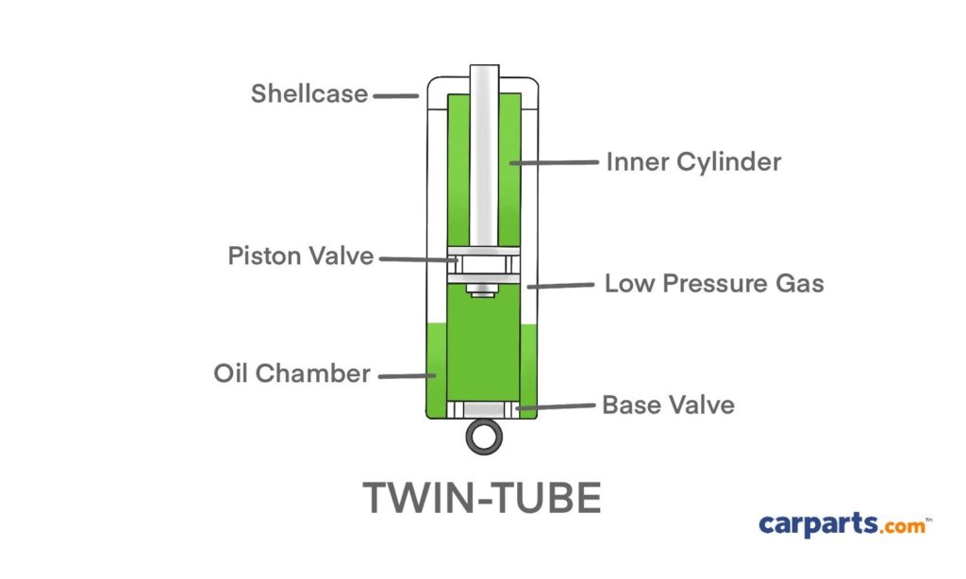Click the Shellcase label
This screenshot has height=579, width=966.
[x=308, y=94]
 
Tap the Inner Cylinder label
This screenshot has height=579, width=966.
[x=693, y=162]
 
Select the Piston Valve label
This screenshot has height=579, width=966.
[x=300, y=256]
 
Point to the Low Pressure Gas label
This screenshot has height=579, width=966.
[x=714, y=283]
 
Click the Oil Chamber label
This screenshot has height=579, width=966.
[x=291, y=373]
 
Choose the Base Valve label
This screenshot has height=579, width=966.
[x=668, y=405]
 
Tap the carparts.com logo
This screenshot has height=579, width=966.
[x=842, y=524]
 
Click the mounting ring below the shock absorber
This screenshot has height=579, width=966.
[x=483, y=437]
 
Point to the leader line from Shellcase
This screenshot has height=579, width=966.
[x=395, y=94]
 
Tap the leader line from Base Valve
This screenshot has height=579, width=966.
[x=557, y=407]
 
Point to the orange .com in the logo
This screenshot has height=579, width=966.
[x=902, y=526]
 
